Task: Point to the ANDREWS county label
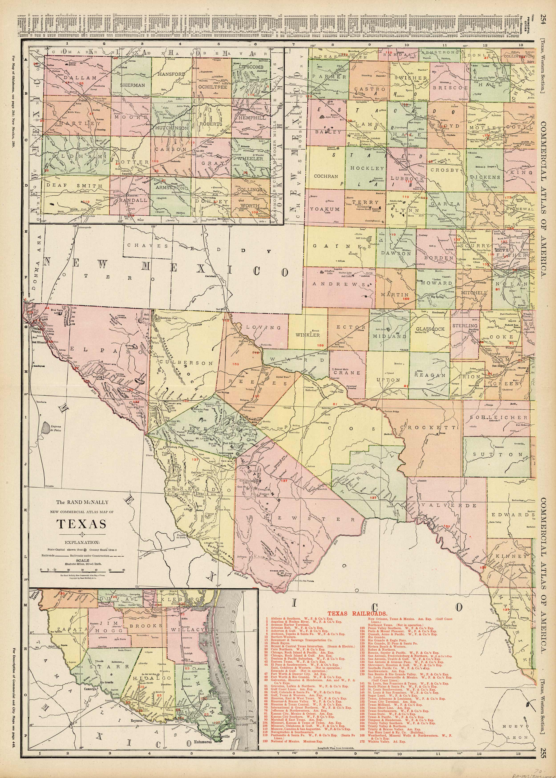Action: click(x=339, y=284)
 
